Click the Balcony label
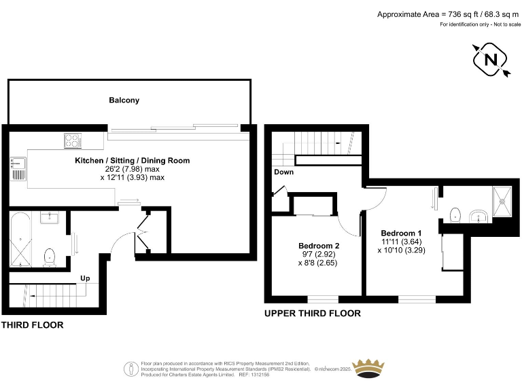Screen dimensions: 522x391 (124, 100)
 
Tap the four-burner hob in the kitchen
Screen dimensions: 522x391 (73, 141)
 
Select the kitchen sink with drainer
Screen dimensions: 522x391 (18, 168)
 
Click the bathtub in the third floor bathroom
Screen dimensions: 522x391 (20, 240)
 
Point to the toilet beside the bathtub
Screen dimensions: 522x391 (50, 258)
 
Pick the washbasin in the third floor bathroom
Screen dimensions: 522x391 (49, 218)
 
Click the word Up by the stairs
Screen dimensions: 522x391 (85, 278)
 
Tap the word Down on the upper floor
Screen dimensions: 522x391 (283, 172)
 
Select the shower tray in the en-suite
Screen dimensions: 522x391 (502, 201)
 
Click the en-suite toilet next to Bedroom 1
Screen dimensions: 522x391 (455, 215)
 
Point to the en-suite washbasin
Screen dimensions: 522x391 (478, 217)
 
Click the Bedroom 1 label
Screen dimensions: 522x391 (401, 233)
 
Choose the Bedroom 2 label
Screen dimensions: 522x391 (319, 246)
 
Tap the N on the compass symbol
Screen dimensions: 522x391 (490, 60)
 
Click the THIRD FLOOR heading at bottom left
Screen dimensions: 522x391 (33, 325)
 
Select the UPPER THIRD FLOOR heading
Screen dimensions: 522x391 (313, 314)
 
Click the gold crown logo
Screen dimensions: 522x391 (368, 368)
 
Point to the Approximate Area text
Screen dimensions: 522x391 (448, 14)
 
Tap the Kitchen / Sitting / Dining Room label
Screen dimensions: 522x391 (132, 161)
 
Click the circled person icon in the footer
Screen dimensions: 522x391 (131, 369)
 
